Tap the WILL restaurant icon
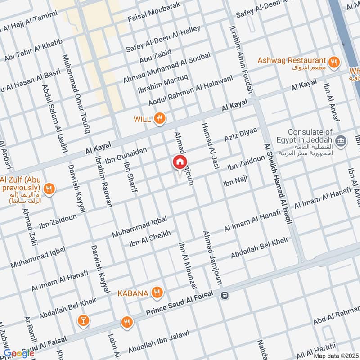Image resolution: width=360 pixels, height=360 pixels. tap(159, 119)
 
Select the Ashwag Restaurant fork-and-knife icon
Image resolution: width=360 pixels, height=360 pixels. tap(333, 63)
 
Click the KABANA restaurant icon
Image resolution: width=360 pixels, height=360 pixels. tap(157, 293)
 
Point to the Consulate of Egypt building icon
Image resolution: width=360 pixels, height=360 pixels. tap(342, 141)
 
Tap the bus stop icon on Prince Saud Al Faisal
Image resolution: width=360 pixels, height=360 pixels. tap(225, 296)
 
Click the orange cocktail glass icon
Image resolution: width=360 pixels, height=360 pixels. tap(83, 321)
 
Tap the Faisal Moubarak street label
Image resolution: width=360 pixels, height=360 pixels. tap(154, 12)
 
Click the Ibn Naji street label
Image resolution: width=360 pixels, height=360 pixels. tap(236, 183)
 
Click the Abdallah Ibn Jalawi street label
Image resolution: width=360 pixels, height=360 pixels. tap(159, 342)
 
